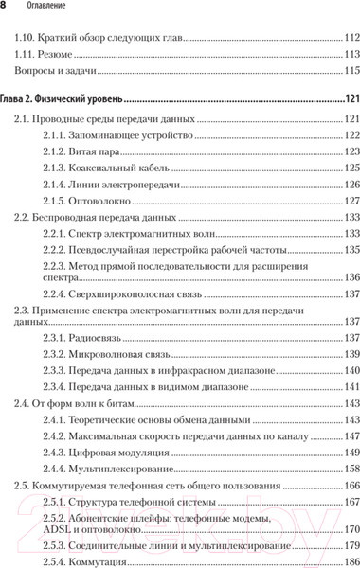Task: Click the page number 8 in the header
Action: click(x=6, y=8)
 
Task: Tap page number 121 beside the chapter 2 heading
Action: click(x=349, y=98)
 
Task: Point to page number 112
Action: click(x=349, y=39)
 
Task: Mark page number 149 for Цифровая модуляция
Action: click(x=349, y=453)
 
